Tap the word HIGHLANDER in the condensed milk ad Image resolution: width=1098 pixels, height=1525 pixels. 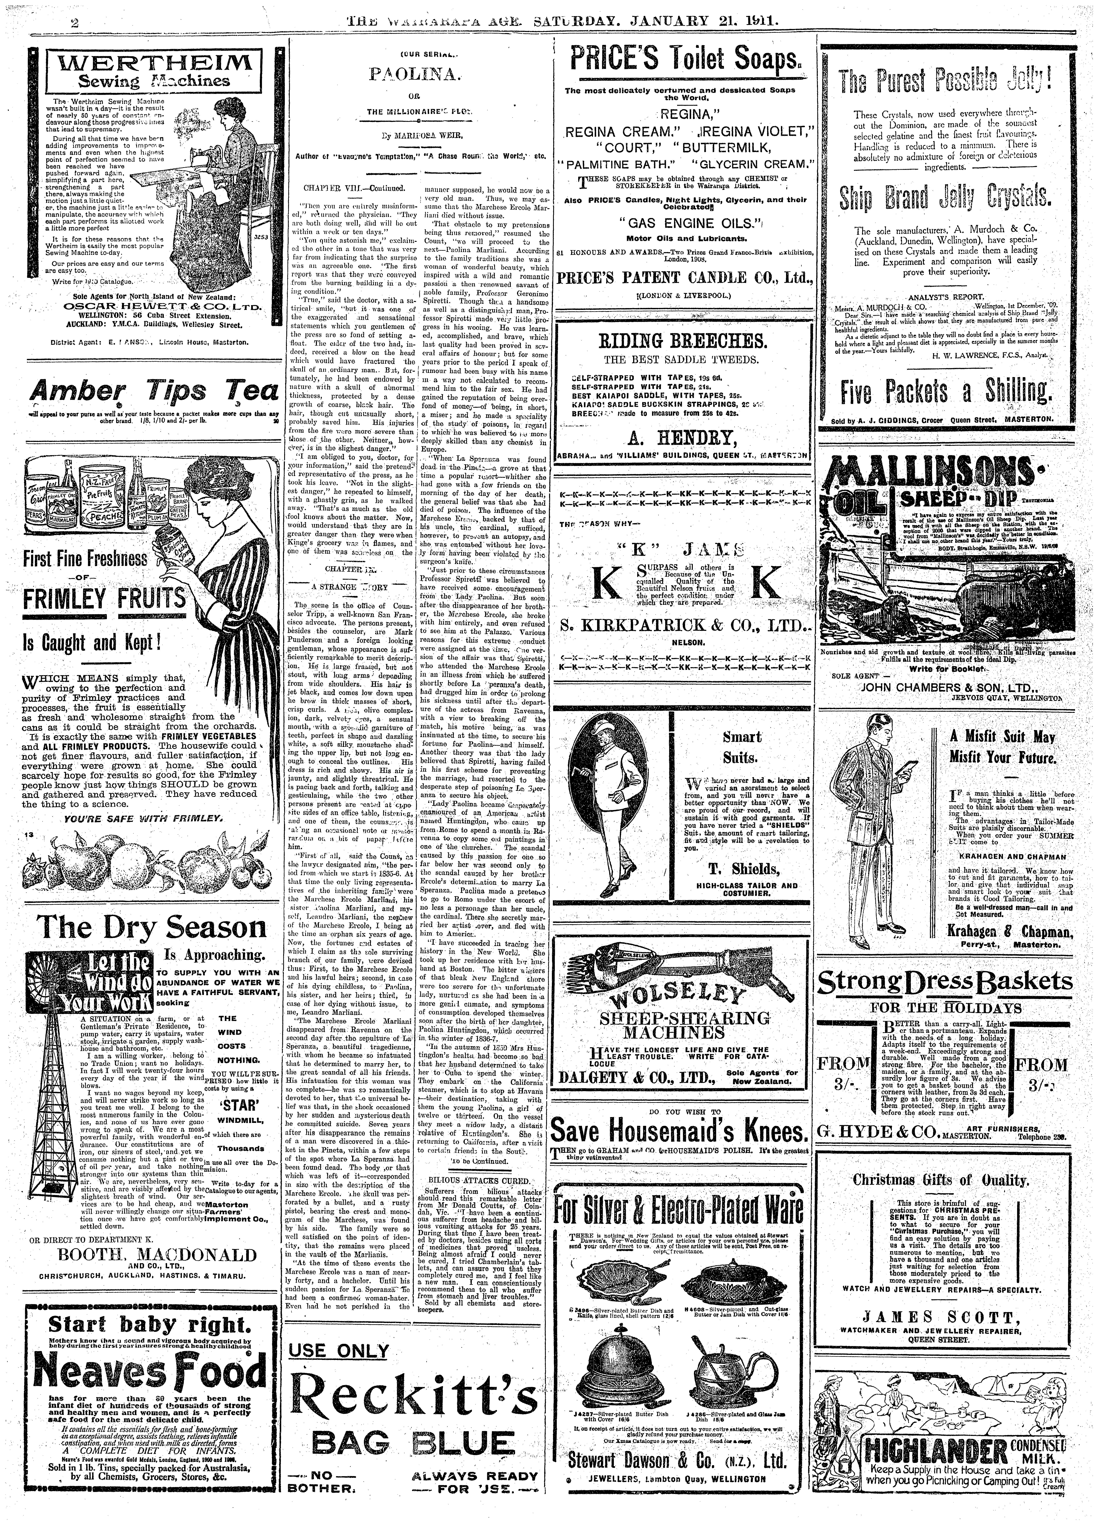click(935, 1473)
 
